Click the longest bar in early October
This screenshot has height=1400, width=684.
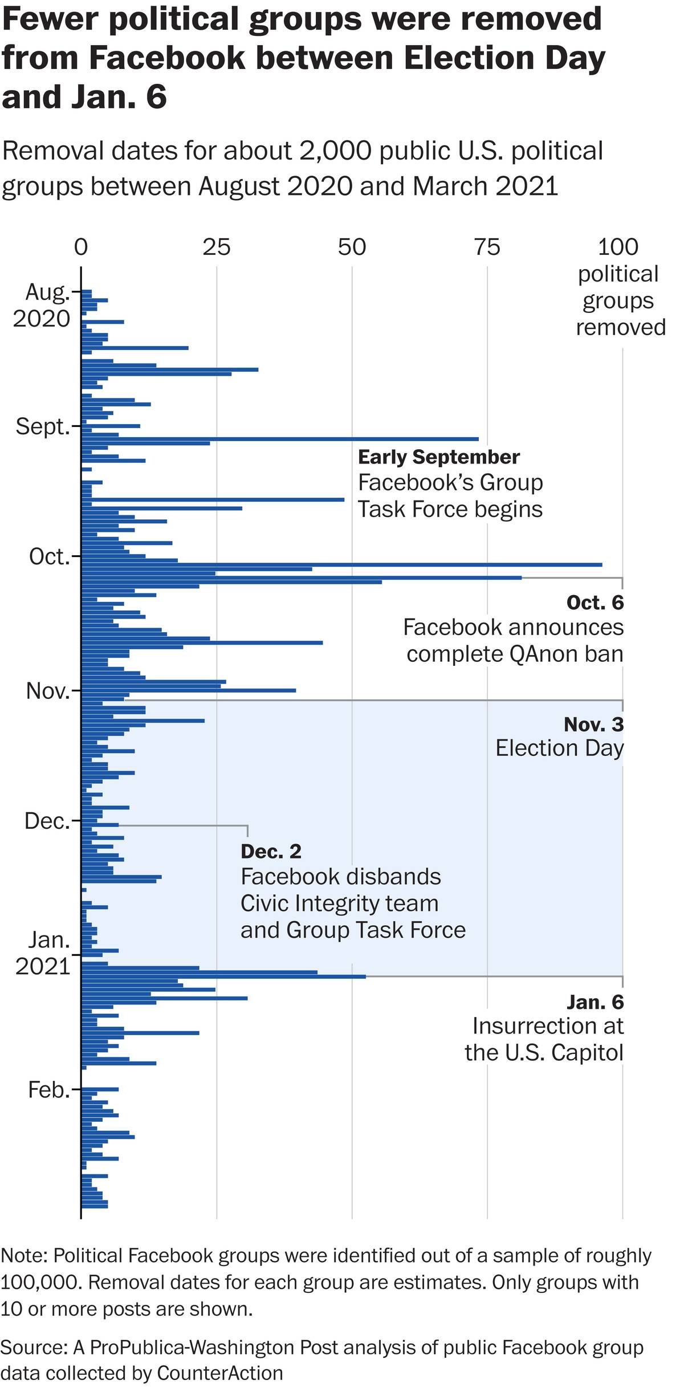pyautogui.click(x=342, y=565)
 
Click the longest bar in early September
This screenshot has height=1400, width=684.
pyautogui.click(x=279, y=439)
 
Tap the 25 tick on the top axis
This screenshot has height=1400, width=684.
pyautogui.click(x=217, y=247)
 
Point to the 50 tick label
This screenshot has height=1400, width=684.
pyautogui.click(x=352, y=247)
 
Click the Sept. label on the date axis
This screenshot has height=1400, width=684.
pyautogui.click(x=43, y=426)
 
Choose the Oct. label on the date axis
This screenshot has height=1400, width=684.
pyautogui.click(x=49, y=557)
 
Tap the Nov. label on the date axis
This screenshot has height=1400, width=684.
pyautogui.click(x=48, y=691)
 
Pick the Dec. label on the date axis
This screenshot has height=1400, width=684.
pyautogui.click(x=47, y=821)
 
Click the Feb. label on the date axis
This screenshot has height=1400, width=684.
pyautogui.click(x=48, y=1090)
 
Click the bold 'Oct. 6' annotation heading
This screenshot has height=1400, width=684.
pyautogui.click(x=595, y=603)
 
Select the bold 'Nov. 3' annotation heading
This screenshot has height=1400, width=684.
pyautogui.click(x=593, y=725)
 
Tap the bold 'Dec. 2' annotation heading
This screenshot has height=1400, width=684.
pyautogui.click(x=271, y=852)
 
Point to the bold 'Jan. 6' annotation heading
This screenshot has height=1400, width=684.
pyautogui.click(x=595, y=1002)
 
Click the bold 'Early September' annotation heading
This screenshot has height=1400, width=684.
pyautogui.click(x=439, y=457)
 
